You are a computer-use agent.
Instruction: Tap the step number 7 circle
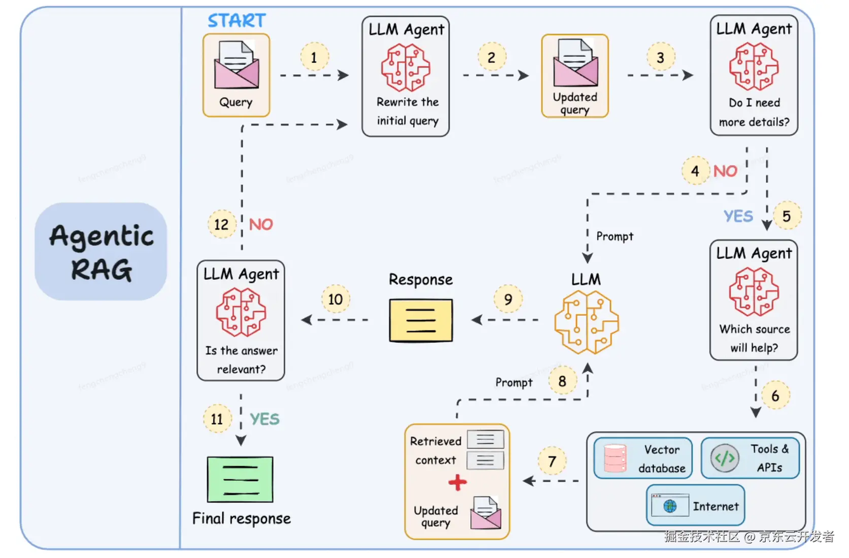pos(552,462)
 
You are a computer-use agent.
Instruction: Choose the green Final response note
pos(240,479)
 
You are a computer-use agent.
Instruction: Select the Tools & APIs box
pos(749,458)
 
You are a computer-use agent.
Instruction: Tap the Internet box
pos(695,505)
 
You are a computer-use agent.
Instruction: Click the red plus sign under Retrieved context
pos(457,483)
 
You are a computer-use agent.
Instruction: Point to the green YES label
pos(264,419)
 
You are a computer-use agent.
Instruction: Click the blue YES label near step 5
pos(738,217)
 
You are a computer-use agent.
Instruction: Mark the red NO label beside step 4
pos(725,171)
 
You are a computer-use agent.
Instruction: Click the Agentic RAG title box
pos(101,251)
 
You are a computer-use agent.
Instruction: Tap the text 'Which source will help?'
pos(754,338)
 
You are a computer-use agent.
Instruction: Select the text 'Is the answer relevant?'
pos(241,359)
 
